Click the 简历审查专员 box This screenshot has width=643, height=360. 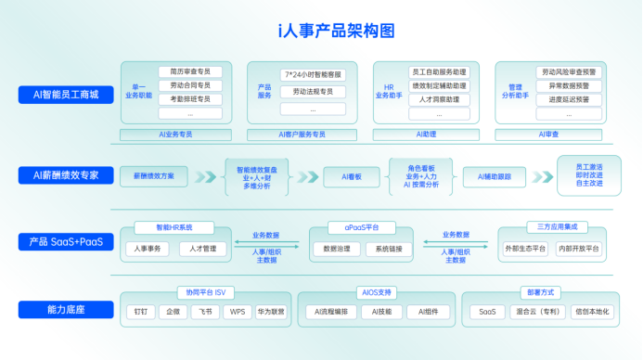coord(189,71)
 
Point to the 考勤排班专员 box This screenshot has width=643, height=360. coord(189,99)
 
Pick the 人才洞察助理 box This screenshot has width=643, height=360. coord(438,99)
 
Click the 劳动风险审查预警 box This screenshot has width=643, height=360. coord(569,71)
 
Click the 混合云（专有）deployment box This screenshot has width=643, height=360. coord(539,312)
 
